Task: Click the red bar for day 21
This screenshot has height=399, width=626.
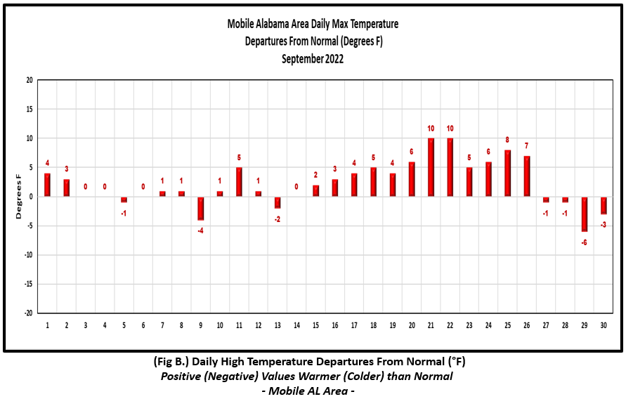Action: click(x=431, y=167)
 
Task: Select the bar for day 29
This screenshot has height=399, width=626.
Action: click(x=584, y=214)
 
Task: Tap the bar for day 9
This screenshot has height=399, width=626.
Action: click(x=200, y=208)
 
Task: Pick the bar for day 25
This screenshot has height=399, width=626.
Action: click(x=507, y=174)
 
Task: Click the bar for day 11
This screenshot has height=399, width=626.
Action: click(x=239, y=182)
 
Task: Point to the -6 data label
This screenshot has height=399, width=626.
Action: click(x=584, y=242)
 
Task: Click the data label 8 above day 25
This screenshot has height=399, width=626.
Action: click(x=507, y=140)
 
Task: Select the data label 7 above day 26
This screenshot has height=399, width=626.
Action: click(x=527, y=145)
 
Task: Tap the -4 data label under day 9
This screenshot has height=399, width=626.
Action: click(x=200, y=230)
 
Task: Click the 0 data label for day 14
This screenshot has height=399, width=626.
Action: click(x=296, y=186)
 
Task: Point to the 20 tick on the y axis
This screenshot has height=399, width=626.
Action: click(x=30, y=80)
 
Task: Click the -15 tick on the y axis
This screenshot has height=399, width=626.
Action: click(x=28, y=284)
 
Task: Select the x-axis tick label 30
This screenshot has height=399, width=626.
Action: click(x=604, y=325)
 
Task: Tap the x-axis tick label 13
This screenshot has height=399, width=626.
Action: click(x=278, y=325)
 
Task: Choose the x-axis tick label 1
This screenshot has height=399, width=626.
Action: click(x=47, y=325)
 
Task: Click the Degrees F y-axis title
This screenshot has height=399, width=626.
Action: click(x=18, y=196)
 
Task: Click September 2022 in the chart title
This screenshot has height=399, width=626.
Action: click(x=313, y=59)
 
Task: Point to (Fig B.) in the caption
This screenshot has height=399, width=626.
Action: click(x=171, y=362)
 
